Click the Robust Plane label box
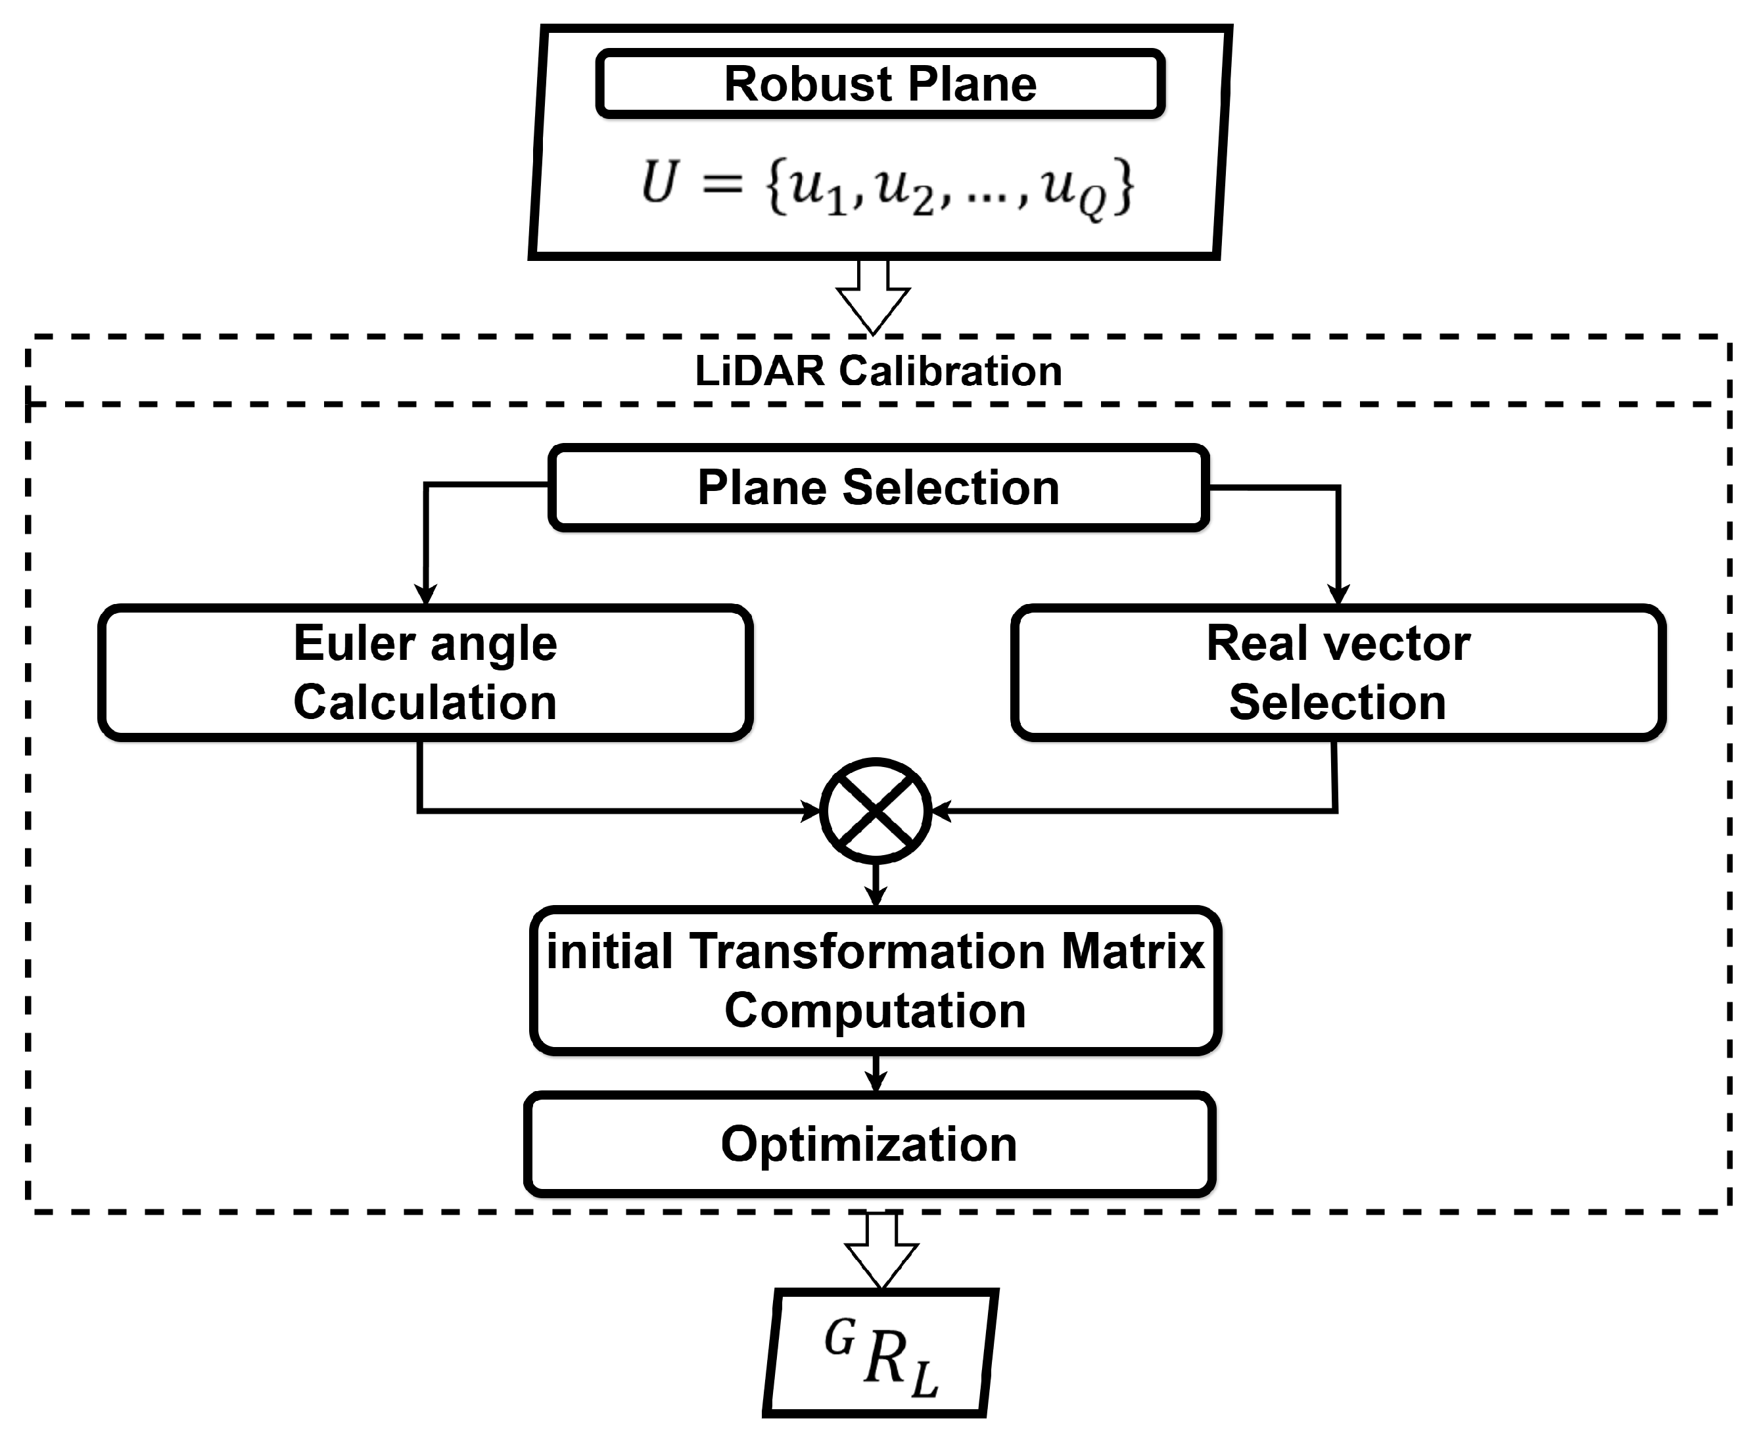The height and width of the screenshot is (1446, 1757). pos(879,83)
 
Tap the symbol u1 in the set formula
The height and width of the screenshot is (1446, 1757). pos(816,188)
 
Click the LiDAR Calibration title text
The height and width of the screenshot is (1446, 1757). pos(878,371)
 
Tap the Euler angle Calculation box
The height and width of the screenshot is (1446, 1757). pos(425,672)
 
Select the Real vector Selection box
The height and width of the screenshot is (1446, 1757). pos(1337,672)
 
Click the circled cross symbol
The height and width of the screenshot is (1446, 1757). pos(876,810)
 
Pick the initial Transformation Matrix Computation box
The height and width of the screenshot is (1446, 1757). pos(876,981)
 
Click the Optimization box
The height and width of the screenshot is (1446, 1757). pos(869,1144)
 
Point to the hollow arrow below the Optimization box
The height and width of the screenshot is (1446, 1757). pos(881,1249)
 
